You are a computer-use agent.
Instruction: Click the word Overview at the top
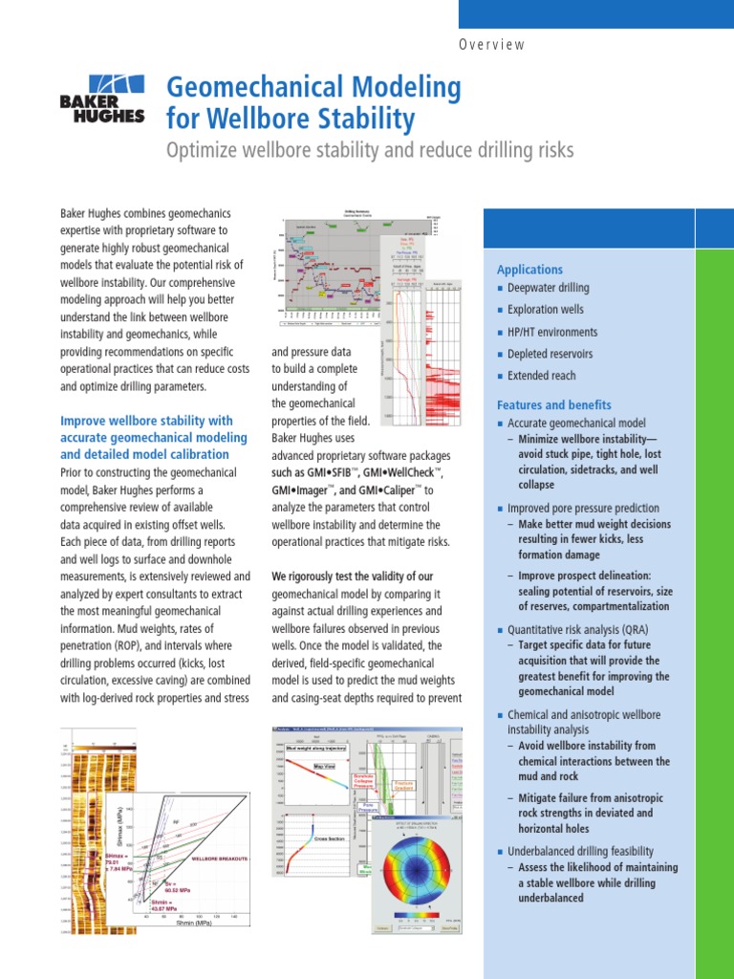(x=492, y=45)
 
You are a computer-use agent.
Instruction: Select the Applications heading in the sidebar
(x=529, y=270)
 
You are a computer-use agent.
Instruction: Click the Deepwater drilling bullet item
(x=548, y=288)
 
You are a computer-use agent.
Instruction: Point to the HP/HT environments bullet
(x=552, y=332)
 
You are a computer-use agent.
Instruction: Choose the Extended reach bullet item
(x=541, y=376)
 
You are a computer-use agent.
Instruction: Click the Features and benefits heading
(x=553, y=404)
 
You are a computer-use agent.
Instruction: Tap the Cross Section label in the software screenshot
(x=328, y=838)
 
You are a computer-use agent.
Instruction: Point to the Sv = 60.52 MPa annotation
(x=183, y=886)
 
